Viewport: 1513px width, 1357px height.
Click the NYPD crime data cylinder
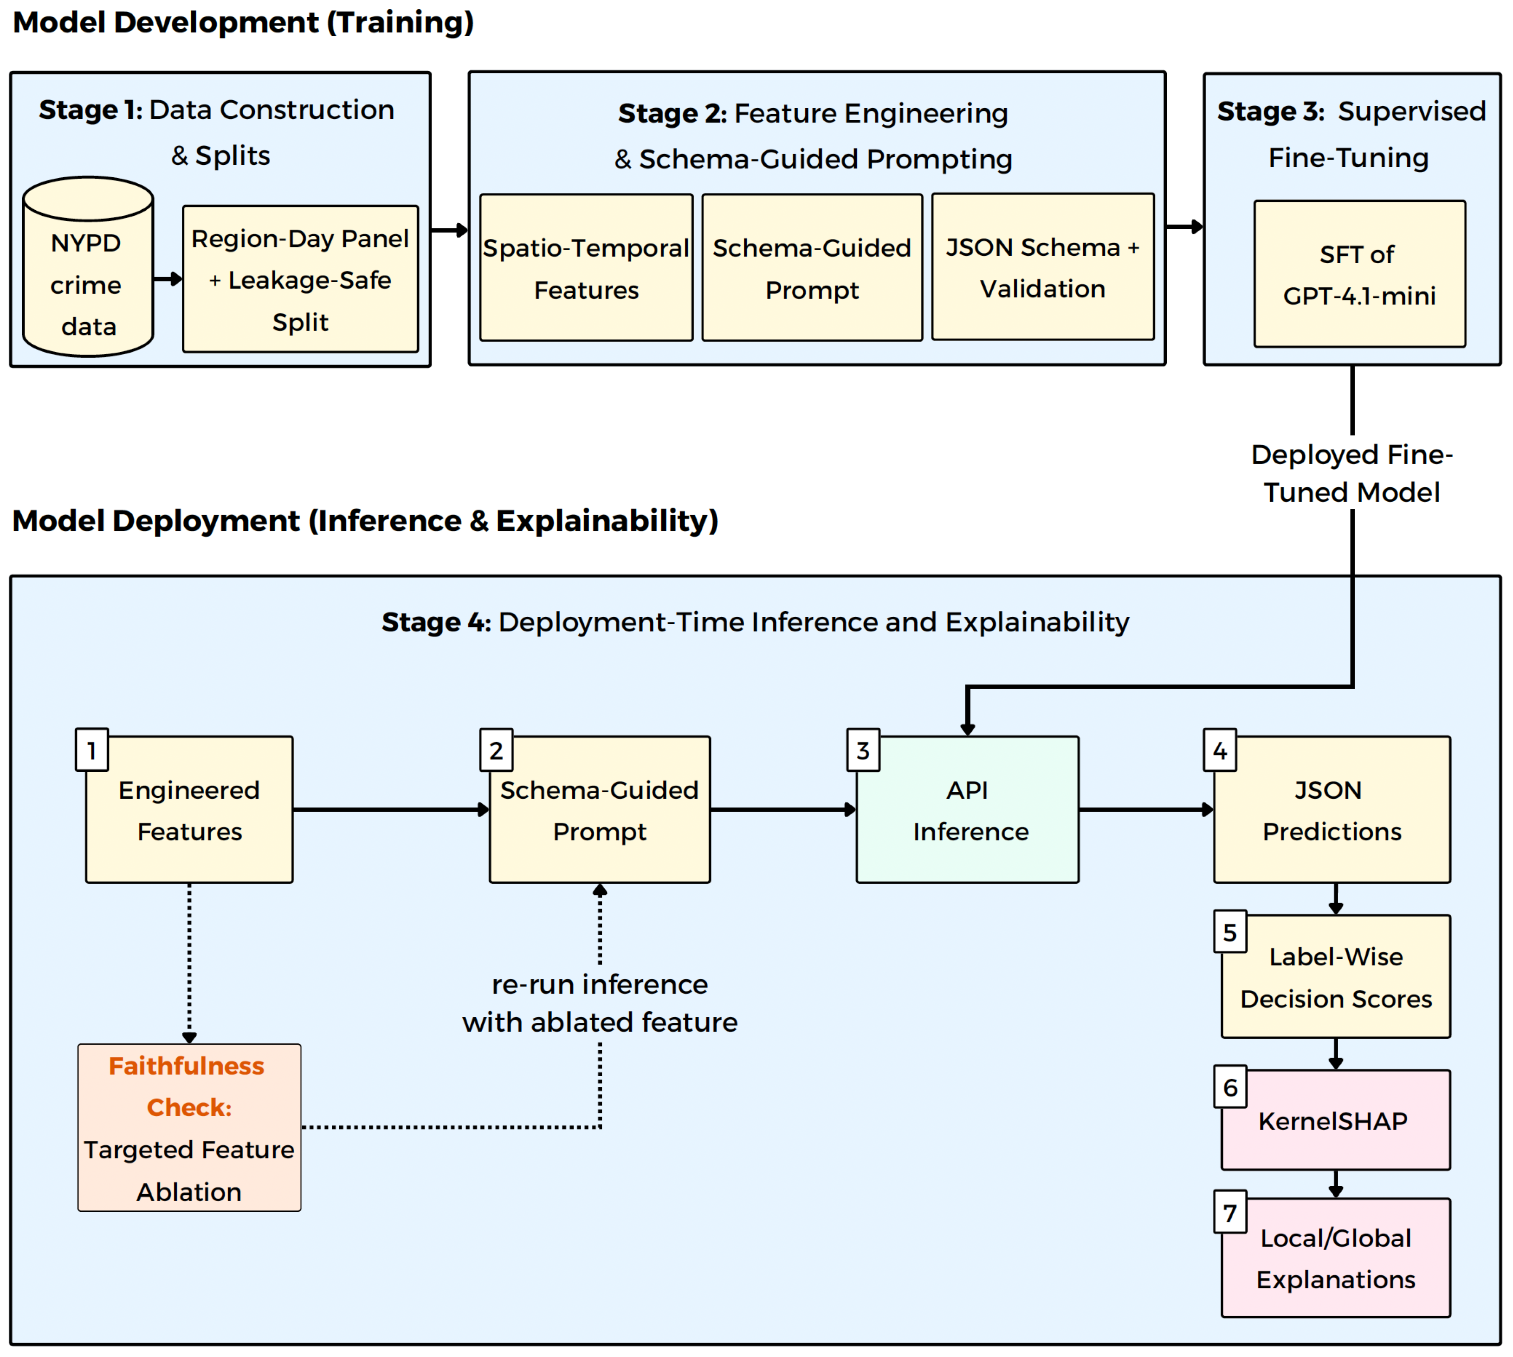coord(88,266)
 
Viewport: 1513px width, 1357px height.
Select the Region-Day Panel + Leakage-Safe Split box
coord(301,279)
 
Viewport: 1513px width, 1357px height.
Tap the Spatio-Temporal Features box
coord(586,268)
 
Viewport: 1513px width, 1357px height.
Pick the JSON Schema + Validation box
coord(1042,267)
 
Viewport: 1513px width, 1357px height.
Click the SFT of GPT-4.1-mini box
coord(1359,274)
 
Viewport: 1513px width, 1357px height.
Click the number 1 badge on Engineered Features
coord(92,750)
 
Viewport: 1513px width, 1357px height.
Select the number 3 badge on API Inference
coord(863,750)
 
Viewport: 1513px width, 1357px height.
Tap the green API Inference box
coord(967,810)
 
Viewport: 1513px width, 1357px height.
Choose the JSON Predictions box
coord(1332,810)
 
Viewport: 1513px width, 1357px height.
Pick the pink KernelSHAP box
coord(1336,1120)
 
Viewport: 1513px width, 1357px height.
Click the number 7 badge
coord(1229,1212)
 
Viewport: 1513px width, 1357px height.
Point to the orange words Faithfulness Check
coord(187,1086)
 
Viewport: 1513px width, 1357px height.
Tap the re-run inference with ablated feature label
coord(600,1003)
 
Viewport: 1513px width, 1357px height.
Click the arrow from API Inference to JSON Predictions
coord(1146,809)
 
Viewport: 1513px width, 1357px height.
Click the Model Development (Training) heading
coord(243,22)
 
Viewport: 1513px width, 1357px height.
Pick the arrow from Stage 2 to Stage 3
coord(1185,226)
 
